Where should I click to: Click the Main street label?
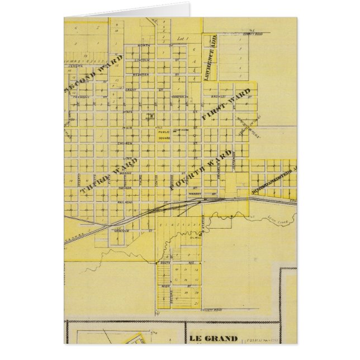126,129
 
